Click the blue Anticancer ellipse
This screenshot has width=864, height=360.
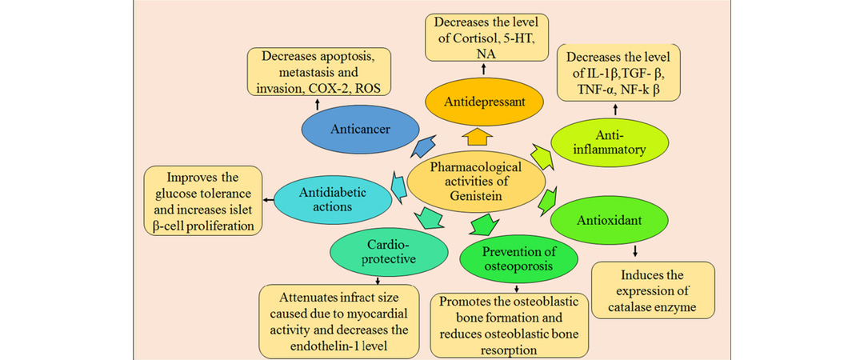[x=360, y=130]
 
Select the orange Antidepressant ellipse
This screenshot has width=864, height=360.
[x=482, y=102]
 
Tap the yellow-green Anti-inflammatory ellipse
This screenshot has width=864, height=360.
[x=610, y=142]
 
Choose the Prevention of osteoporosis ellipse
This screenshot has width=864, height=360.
[x=519, y=259]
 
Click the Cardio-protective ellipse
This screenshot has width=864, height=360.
[x=388, y=253]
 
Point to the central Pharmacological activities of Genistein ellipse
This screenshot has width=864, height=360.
[x=475, y=182]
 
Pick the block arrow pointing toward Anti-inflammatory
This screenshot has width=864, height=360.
[x=542, y=156]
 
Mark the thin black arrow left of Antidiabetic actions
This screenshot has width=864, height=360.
[x=268, y=199]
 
